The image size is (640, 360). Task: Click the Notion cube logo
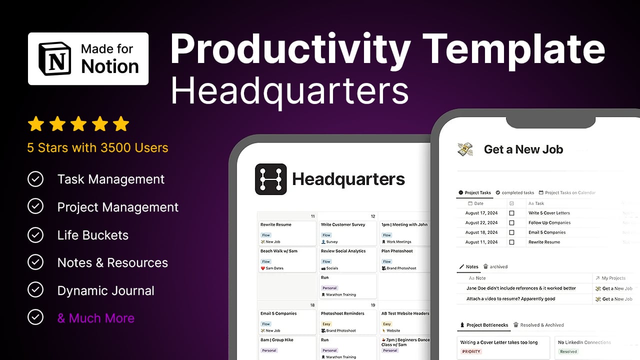click(55, 58)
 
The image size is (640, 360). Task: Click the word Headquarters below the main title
click(289, 90)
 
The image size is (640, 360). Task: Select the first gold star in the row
click(36, 124)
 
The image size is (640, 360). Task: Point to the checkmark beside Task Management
click(35, 179)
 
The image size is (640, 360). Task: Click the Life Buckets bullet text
click(93, 235)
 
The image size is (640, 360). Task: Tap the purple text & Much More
click(96, 318)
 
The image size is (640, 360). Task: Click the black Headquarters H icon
click(270, 179)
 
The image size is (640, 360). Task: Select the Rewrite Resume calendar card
click(287, 233)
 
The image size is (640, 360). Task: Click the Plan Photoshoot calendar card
click(404, 259)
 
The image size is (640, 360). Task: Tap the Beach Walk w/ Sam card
click(287, 259)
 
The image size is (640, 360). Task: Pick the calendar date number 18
click(312, 304)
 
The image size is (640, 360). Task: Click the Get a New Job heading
click(523, 149)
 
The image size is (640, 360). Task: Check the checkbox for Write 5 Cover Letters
click(511, 213)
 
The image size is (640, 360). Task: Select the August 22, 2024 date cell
click(481, 222)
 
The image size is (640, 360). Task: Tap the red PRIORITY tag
click(471, 351)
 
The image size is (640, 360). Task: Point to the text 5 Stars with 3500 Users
click(98, 147)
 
